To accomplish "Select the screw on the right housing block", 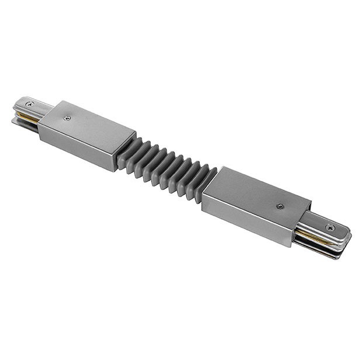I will pyautogui.click(x=281, y=206).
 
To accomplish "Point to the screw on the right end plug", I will pyautogui.click(x=331, y=227).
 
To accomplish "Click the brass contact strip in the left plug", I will pyautogui.click(x=27, y=116).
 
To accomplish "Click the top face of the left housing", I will pyautogui.click(x=88, y=124).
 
